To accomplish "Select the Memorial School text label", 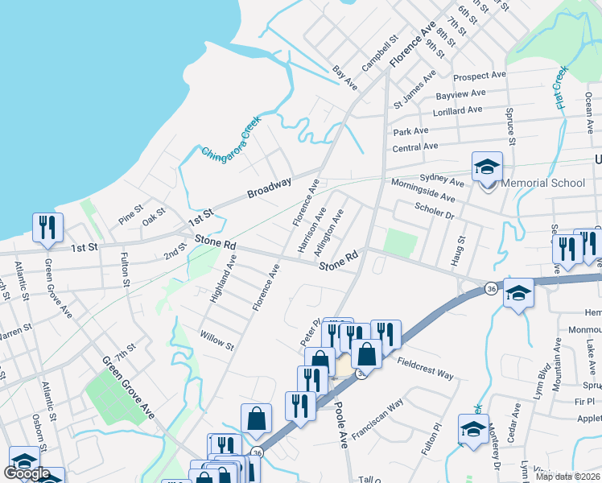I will [x=543, y=183].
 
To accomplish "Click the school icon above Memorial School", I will [x=487, y=167].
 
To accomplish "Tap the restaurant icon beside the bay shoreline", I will [x=47, y=228].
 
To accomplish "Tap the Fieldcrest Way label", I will [x=425, y=369].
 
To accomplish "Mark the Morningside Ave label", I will [x=428, y=190].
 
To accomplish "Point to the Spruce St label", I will [x=509, y=121].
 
